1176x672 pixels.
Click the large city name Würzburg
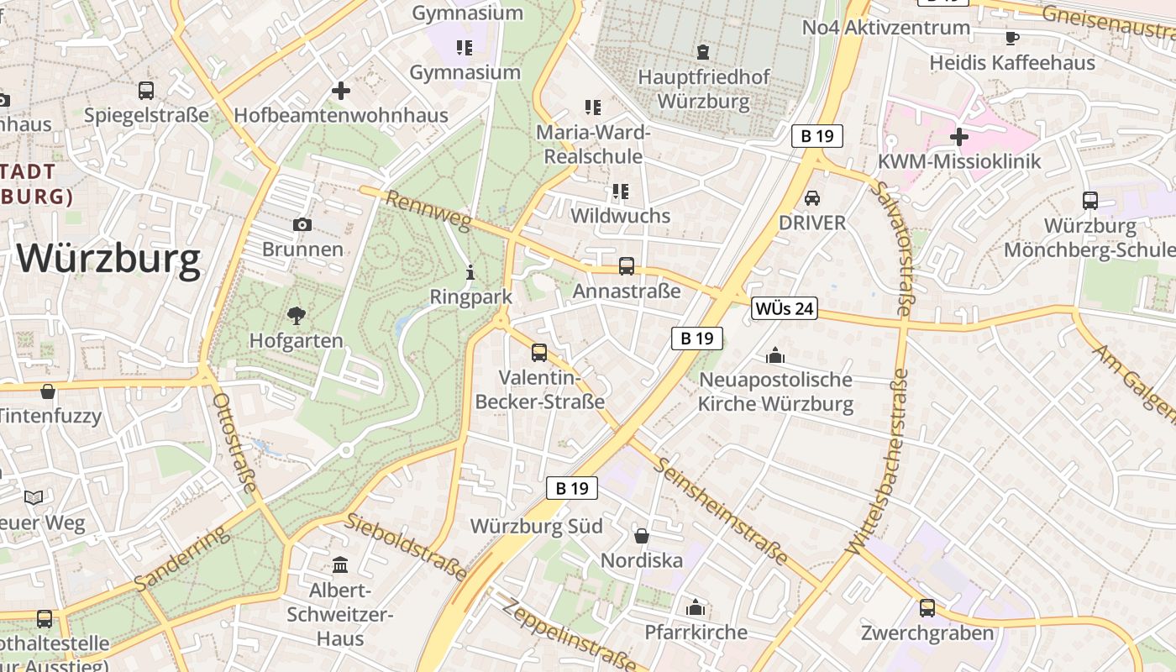pyautogui.click(x=108, y=259)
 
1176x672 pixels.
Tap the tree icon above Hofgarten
pyautogui.click(x=296, y=316)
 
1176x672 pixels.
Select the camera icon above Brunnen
pyautogui.click(x=302, y=224)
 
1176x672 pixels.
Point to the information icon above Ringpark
pyautogui.click(x=470, y=272)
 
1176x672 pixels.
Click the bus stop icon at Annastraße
pyautogui.click(x=627, y=266)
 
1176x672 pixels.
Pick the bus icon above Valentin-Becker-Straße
pyautogui.click(x=539, y=353)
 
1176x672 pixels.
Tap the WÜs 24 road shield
pyautogui.click(x=784, y=308)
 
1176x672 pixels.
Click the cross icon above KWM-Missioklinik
pyautogui.click(x=958, y=136)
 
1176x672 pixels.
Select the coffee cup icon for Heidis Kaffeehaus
pyautogui.click(x=1012, y=38)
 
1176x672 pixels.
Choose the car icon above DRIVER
pyautogui.click(x=812, y=198)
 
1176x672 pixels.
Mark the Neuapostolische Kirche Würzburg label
pyautogui.click(x=776, y=391)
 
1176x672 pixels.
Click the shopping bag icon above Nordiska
pyautogui.click(x=642, y=535)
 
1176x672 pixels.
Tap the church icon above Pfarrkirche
pyautogui.click(x=696, y=607)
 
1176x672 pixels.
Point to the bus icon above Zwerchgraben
pyautogui.click(x=927, y=608)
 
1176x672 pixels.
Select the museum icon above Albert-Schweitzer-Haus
pyautogui.click(x=340, y=564)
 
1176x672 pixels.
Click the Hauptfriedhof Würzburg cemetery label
pyautogui.click(x=704, y=90)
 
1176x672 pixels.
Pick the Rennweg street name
pyautogui.click(x=428, y=211)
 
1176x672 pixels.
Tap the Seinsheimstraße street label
pyautogui.click(x=722, y=511)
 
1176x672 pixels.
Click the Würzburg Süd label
pyautogui.click(x=536, y=527)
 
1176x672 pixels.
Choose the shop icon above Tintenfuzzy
pyautogui.click(x=49, y=391)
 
